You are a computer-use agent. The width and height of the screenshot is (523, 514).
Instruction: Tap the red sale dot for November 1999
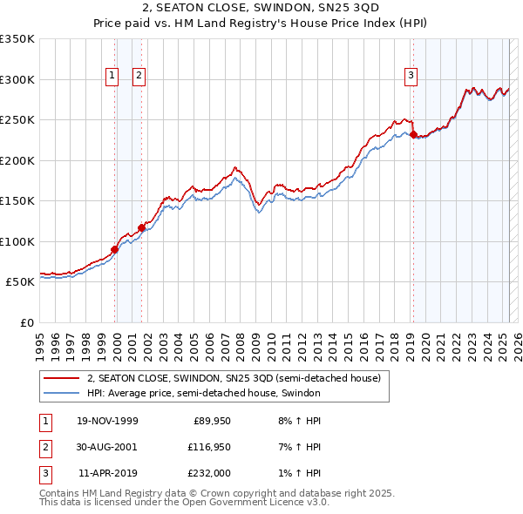(x=115, y=249)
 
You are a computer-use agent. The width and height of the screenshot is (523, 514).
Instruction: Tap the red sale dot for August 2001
(x=141, y=228)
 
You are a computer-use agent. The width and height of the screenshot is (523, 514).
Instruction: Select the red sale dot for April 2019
(x=413, y=134)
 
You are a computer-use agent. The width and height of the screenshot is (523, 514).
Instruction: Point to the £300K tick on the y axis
(x=17, y=80)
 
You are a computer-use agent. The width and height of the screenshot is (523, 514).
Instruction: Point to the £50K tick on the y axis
(x=20, y=282)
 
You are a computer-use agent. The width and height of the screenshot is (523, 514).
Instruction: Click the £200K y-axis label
(x=17, y=161)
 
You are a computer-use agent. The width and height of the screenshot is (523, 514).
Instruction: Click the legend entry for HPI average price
(x=204, y=394)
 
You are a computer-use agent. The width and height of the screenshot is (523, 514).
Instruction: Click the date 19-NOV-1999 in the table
(x=108, y=421)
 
